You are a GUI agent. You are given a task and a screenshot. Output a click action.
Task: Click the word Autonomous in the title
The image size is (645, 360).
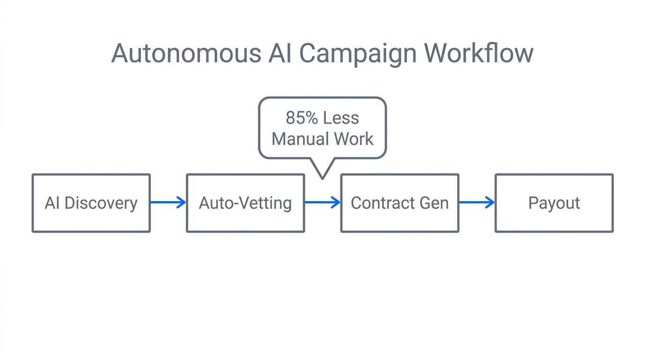point(186,53)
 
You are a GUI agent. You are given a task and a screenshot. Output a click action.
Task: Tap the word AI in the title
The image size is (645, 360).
point(280,53)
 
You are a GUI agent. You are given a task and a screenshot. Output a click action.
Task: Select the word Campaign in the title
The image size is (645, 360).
point(358,54)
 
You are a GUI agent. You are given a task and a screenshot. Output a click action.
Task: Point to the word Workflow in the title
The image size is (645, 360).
point(479,53)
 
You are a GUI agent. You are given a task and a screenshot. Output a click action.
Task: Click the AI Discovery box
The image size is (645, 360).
point(91,203)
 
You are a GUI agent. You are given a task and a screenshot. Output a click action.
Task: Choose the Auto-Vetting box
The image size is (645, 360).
point(245,203)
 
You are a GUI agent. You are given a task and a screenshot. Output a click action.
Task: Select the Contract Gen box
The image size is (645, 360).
point(399,203)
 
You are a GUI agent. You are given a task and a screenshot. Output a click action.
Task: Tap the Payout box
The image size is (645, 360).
point(554,203)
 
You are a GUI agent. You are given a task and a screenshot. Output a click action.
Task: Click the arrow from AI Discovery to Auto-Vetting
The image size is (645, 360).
point(168,202)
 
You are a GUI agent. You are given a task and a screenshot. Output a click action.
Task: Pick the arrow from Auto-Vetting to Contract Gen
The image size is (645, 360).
point(322,202)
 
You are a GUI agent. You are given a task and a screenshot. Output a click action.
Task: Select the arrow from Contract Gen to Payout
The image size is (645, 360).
point(477,202)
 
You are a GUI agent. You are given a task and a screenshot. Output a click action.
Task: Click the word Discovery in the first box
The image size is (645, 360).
point(101,203)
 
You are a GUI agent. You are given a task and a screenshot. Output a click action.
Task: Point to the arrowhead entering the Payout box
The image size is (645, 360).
point(490,202)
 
